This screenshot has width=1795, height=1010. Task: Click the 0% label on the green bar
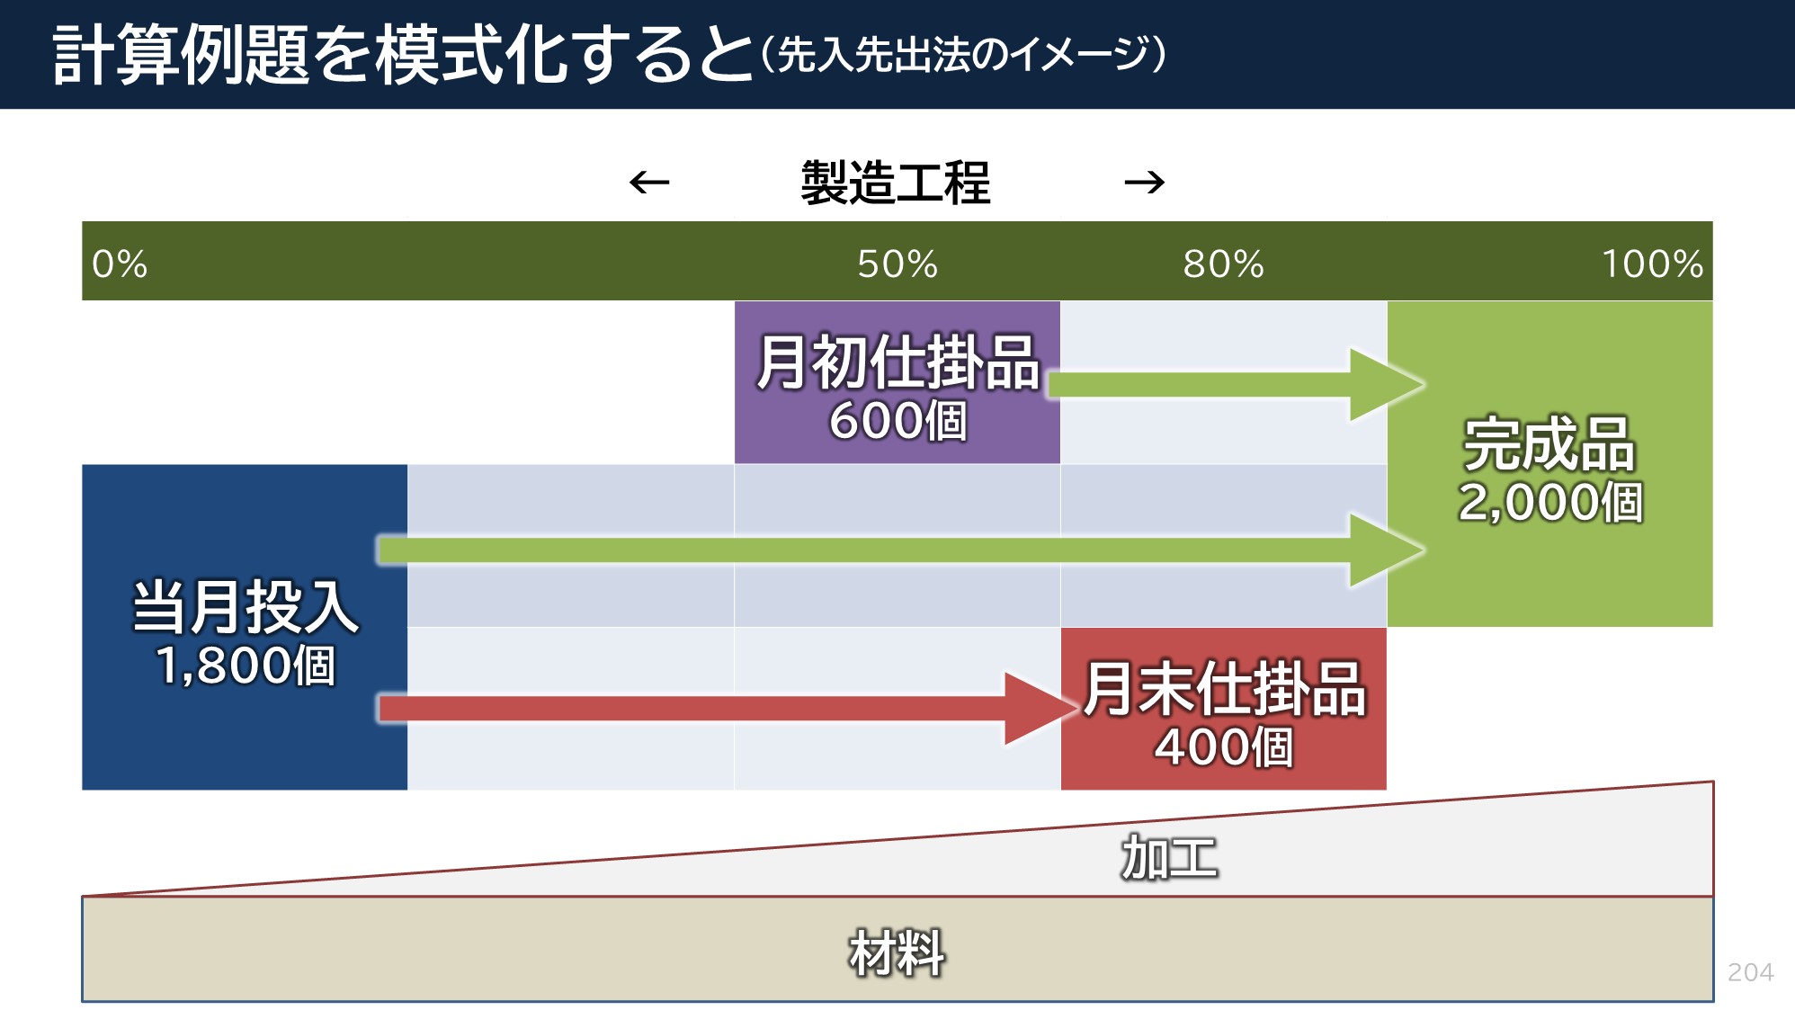click(120, 264)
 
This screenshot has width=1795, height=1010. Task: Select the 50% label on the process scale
click(897, 264)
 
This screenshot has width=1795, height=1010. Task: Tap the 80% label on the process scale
click(1223, 264)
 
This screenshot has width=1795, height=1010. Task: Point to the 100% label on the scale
click(1652, 264)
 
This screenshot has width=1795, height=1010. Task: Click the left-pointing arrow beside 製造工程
click(649, 183)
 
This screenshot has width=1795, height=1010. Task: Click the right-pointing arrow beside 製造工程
click(1145, 183)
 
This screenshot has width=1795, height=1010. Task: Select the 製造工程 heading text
click(896, 183)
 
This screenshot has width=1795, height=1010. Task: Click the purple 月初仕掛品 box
click(897, 382)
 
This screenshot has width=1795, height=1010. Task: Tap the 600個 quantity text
click(897, 421)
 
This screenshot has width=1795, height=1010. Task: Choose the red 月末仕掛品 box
click(1223, 709)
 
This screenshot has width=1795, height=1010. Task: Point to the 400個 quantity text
click(1223, 747)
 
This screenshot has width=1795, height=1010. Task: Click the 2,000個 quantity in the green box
click(1550, 502)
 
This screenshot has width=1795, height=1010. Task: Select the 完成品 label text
click(1549, 444)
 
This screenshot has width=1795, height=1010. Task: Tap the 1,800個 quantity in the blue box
click(246, 666)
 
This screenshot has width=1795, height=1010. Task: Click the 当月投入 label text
click(246, 607)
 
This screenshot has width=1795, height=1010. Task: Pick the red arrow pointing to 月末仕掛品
click(728, 709)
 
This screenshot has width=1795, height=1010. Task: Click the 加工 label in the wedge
click(1169, 857)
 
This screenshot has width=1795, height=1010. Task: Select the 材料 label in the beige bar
click(897, 953)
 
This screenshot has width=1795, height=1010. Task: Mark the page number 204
click(1750, 972)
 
